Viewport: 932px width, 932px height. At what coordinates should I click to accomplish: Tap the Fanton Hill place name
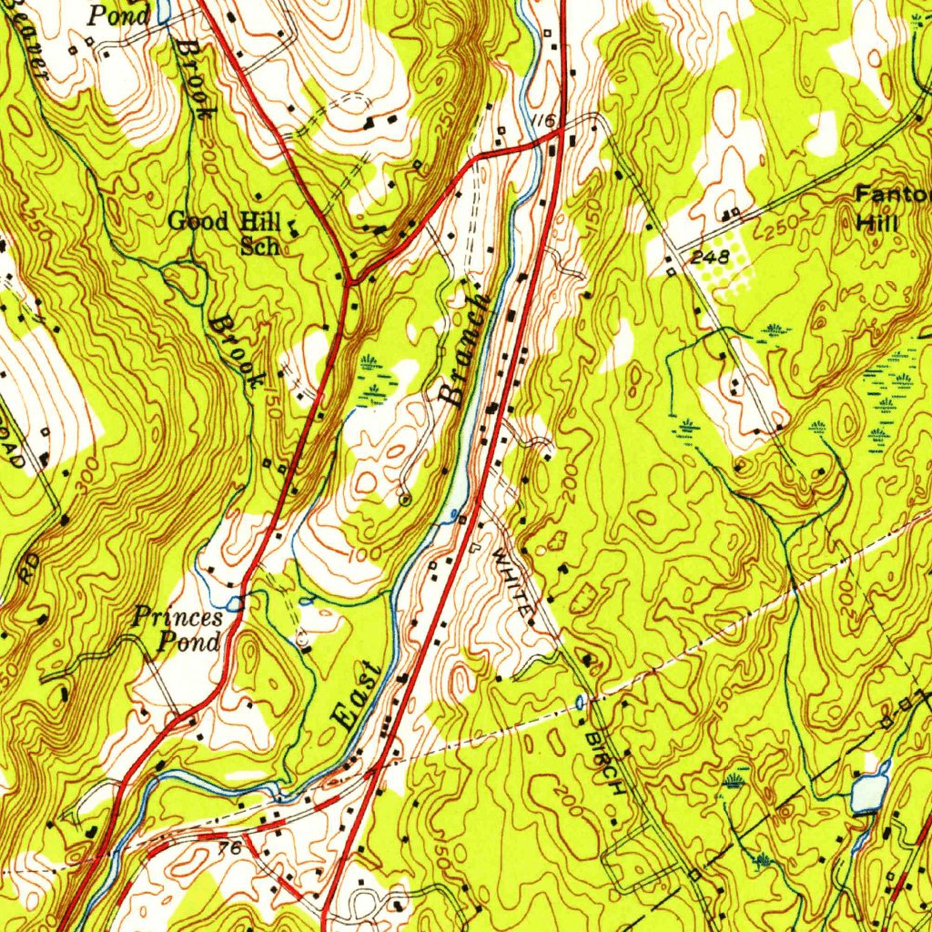(x=892, y=208)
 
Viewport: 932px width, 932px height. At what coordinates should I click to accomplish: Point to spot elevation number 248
(x=709, y=258)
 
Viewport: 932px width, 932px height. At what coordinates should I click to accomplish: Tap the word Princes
(x=178, y=617)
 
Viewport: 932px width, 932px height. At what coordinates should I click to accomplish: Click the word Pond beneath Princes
(x=189, y=642)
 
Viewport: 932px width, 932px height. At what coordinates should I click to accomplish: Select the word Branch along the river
(x=464, y=349)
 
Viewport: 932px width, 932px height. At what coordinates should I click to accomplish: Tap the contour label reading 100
(x=361, y=554)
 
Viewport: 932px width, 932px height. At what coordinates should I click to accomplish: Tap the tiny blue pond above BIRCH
(x=582, y=702)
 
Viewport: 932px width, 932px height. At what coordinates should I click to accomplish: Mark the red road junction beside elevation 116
(x=556, y=134)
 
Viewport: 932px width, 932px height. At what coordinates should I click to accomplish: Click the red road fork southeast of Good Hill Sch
(x=349, y=281)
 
